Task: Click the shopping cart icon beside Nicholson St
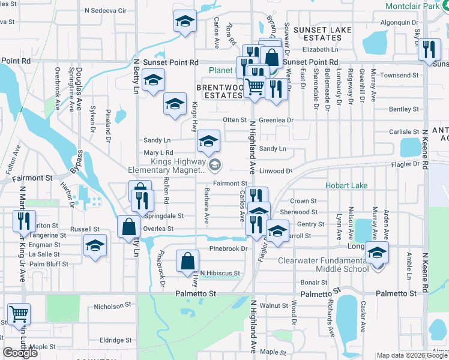click(x=19, y=314)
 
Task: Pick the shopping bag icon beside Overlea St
click(x=128, y=227)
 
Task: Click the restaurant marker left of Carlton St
click(x=25, y=221)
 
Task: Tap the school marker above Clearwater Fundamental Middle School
click(x=377, y=252)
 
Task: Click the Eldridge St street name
click(x=112, y=340)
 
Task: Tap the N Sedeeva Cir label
click(x=106, y=10)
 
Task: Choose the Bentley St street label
click(x=404, y=109)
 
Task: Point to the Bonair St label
click(x=314, y=282)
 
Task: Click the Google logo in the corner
click(x=21, y=353)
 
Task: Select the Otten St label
click(x=235, y=120)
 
